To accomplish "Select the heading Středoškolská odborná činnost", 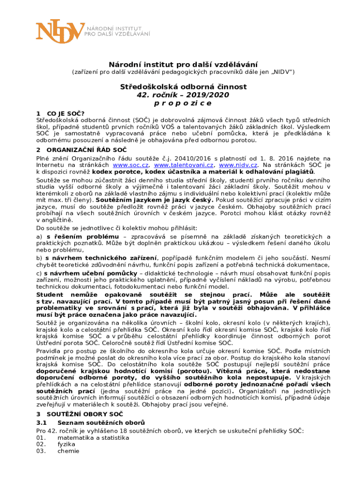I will tap(182, 87).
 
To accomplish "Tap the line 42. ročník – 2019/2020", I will tap(182, 94).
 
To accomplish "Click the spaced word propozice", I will tap(182, 103).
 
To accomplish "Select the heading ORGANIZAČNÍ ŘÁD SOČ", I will tap(80, 150).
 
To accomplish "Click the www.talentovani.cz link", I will tap(184, 165).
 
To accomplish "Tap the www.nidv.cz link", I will tap(238, 165).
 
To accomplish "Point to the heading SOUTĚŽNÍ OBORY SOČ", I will tap(85, 414).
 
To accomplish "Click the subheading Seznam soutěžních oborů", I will tap(98, 422).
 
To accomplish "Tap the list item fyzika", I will tap(66, 444).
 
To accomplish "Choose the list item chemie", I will tap(68, 451).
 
